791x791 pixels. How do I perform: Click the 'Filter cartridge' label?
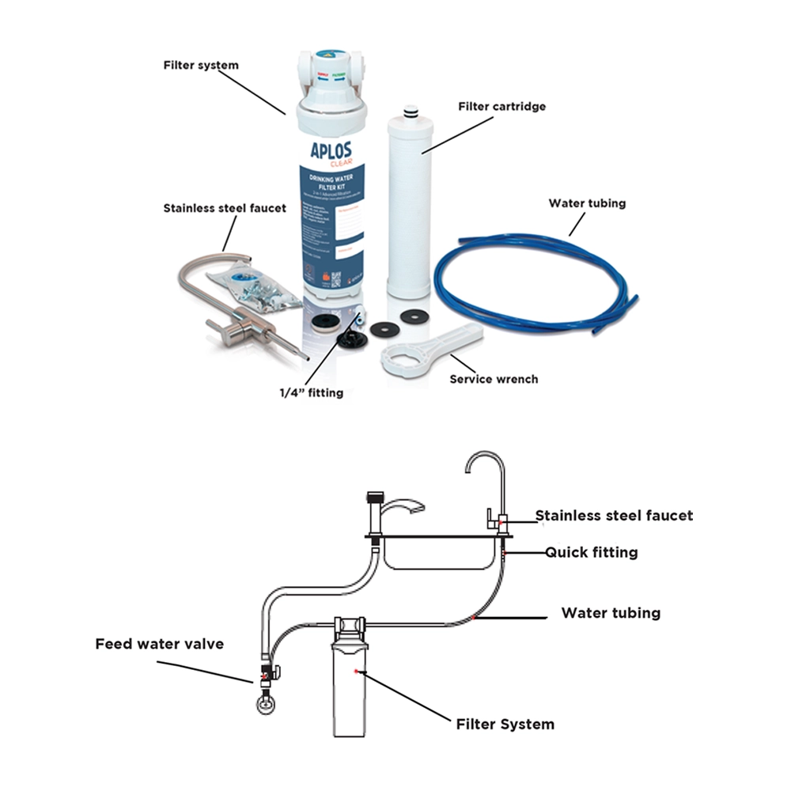coord(502,106)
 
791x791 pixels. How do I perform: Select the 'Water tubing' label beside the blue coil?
coord(587,203)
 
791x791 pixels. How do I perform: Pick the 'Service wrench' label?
coord(494,379)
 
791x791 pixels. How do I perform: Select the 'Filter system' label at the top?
coord(200,65)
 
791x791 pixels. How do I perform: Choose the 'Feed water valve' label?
coord(160,644)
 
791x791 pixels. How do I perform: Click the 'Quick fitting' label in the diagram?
coord(591,552)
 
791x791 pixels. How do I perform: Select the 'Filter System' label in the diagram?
coord(505,724)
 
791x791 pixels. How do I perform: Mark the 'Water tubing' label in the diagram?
coord(611,613)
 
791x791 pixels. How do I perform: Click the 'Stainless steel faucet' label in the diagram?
coord(614,516)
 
